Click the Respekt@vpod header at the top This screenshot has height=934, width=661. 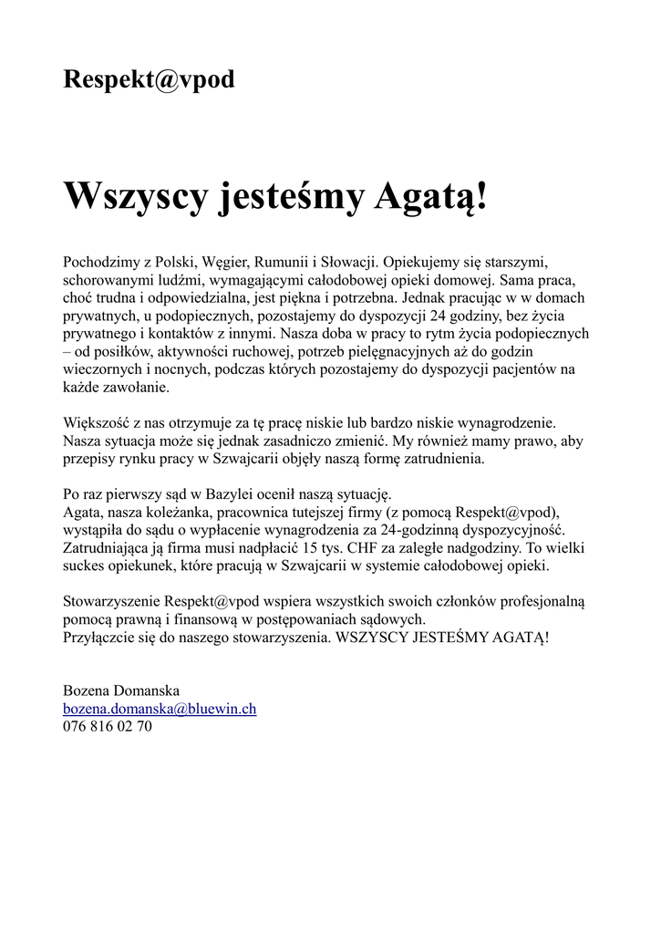149,80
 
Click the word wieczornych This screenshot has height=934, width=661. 102,370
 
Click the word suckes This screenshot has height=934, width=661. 85,566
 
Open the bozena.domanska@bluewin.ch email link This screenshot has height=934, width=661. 160,709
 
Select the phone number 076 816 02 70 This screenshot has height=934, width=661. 108,726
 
